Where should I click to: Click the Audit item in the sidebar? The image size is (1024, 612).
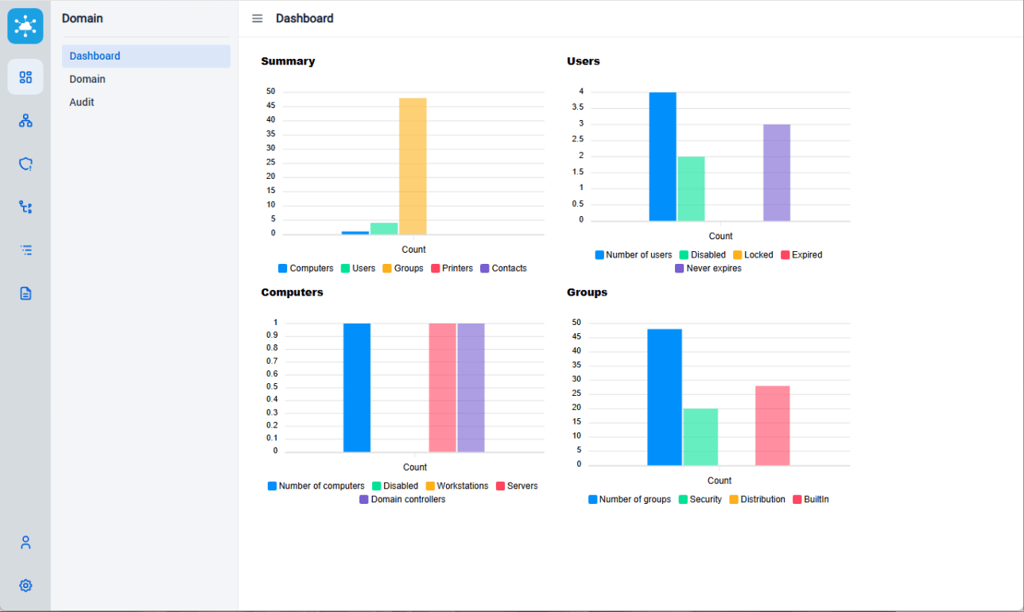coord(82,103)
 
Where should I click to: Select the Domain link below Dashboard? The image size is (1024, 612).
coord(87,79)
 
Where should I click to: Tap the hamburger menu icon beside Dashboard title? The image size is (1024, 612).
coord(258,18)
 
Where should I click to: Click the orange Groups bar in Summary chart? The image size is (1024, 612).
coord(413,166)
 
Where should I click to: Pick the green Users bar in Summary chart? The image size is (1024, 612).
coord(384,229)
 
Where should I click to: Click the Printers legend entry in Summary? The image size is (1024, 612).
coord(452,269)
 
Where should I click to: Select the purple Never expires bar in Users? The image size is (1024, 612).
coord(777,172)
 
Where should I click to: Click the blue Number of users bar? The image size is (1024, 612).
coord(662,157)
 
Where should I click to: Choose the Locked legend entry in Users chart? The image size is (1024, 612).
coord(752,255)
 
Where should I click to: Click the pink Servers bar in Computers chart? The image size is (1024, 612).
coord(442,388)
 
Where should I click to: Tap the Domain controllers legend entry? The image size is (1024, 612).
coord(402,500)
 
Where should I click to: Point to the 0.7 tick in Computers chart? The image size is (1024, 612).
coord(272,361)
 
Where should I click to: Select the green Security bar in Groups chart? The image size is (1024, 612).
coord(700,437)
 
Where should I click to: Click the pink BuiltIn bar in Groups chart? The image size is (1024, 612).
coord(772,425)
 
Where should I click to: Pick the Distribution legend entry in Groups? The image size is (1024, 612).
coord(757,500)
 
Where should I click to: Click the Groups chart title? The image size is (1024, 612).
coord(587,292)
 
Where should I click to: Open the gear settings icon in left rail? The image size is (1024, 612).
coord(25,586)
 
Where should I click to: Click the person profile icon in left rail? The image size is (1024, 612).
coord(25,543)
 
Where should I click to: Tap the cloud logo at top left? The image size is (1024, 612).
coord(25,26)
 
